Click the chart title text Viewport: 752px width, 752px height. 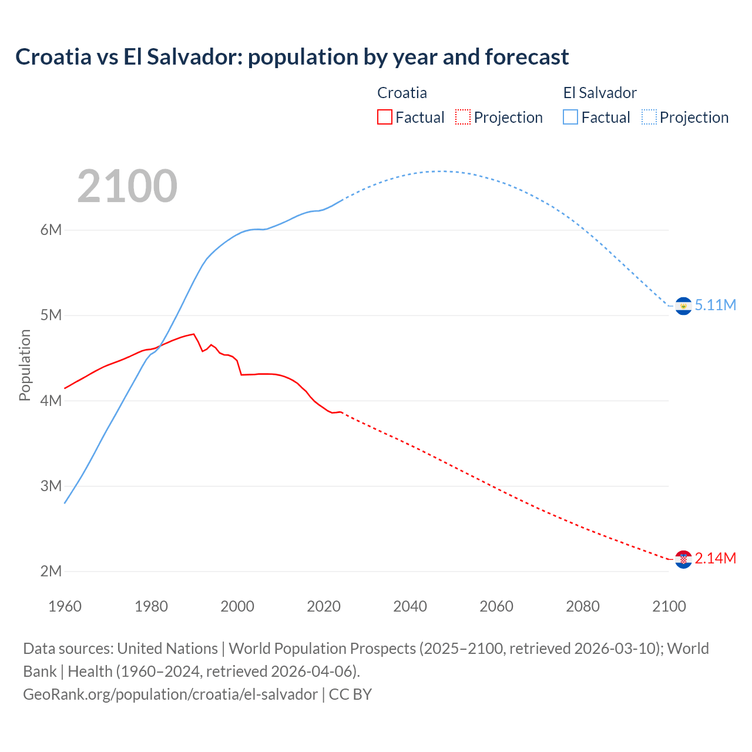click(292, 57)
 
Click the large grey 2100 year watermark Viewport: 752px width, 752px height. click(127, 186)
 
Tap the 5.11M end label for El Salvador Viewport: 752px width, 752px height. click(715, 305)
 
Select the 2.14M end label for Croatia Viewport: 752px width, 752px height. click(715, 558)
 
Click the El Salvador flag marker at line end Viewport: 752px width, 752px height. click(683, 306)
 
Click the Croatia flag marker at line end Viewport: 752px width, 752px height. click(683, 559)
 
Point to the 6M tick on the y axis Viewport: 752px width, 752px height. click(51, 230)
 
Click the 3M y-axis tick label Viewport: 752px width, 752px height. click(51, 486)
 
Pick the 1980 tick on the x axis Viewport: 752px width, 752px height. click(151, 606)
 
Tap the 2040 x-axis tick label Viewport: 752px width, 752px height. click(410, 606)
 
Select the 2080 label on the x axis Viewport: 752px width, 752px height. click(583, 606)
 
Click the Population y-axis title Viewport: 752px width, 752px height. click(25, 365)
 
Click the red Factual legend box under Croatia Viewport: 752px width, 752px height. click(385, 117)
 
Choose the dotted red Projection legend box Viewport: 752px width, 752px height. click(463, 117)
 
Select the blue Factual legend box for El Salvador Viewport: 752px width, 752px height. click(570, 117)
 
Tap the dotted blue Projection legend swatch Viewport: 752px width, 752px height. click(649, 117)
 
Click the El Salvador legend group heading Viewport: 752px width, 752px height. click(600, 93)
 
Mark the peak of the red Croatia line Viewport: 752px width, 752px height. click(193, 334)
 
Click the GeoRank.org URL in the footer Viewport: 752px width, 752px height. click(170, 694)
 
